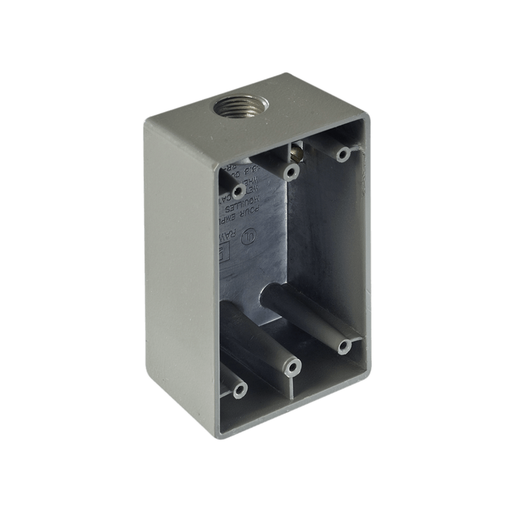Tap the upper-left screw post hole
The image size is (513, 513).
point(238,191)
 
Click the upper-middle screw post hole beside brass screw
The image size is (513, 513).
point(291,172)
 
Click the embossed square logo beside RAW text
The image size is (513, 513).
point(224,251)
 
